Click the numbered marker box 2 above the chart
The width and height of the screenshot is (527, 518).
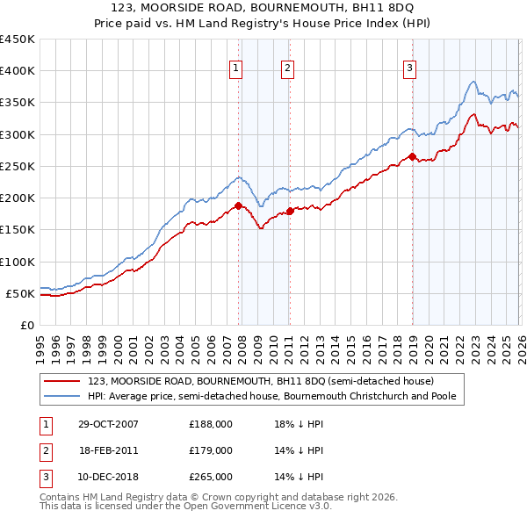(x=288, y=69)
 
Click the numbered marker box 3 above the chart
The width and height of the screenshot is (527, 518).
(x=410, y=69)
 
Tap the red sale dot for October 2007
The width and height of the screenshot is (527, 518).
(x=238, y=206)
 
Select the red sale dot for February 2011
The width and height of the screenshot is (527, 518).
(x=289, y=212)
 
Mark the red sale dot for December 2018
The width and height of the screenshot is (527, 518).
(x=411, y=157)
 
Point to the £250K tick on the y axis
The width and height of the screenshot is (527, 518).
(x=18, y=166)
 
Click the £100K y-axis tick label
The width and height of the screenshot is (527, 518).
(x=18, y=262)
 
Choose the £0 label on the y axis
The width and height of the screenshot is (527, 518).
(x=26, y=325)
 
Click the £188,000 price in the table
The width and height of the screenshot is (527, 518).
(x=211, y=423)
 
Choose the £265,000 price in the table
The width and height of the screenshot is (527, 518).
(x=211, y=477)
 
